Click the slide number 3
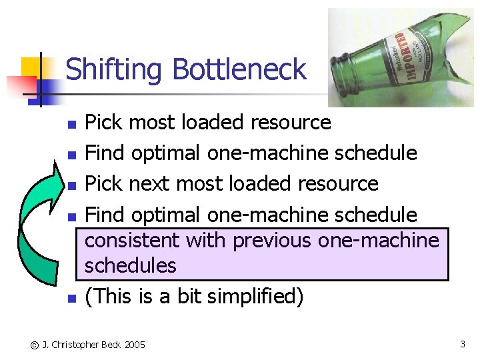462,344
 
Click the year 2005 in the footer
133,345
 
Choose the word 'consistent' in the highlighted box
132,240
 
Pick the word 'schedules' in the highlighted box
130,265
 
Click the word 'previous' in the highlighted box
272,240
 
